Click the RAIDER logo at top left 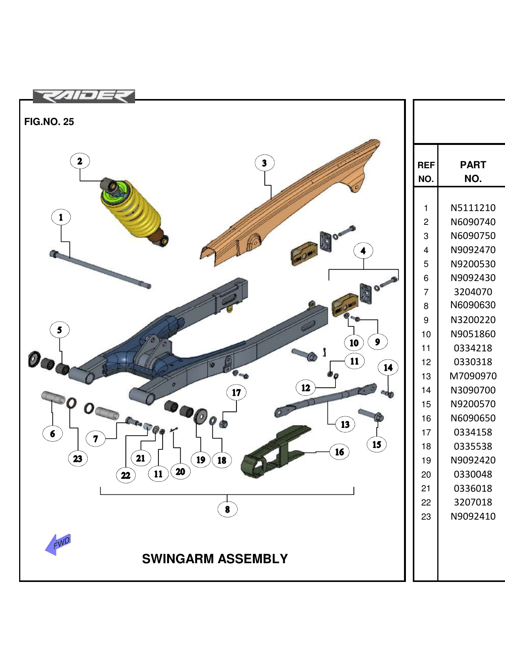(x=84, y=96)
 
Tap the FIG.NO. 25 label (x=49, y=122)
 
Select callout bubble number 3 (x=264, y=163)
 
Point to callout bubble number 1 (x=61, y=218)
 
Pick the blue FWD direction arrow (x=58, y=544)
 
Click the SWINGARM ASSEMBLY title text (x=215, y=559)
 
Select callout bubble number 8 (x=227, y=509)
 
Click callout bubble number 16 (x=339, y=452)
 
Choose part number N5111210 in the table (x=473, y=208)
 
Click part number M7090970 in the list (x=473, y=376)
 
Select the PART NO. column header (x=473, y=172)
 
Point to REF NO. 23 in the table (x=426, y=517)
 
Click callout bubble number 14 (x=388, y=368)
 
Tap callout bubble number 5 (x=60, y=330)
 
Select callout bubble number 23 (x=78, y=459)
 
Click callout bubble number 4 (x=363, y=251)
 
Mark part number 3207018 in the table (x=473, y=502)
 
